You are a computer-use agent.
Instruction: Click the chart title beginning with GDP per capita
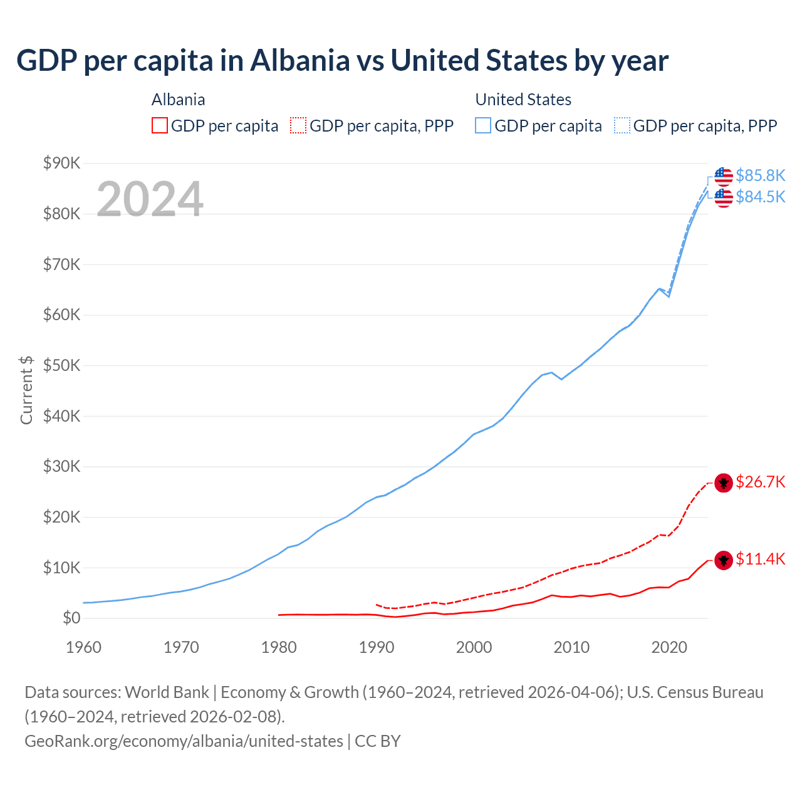coord(342,61)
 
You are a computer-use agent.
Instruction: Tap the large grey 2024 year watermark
coord(150,199)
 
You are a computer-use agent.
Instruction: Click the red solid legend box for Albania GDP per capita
coord(160,125)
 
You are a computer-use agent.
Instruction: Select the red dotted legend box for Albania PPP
coord(298,125)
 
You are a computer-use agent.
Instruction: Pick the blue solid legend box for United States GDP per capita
coord(483,125)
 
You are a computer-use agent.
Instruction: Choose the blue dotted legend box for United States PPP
coord(622,125)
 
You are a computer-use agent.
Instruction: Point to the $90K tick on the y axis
coord(62,163)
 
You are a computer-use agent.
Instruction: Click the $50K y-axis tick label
coord(62,365)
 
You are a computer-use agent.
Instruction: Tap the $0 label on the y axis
coord(71,618)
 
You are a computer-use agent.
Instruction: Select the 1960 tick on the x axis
coord(83,647)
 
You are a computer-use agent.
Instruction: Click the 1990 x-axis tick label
coord(376,647)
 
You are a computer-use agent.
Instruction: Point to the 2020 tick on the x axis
coord(669,647)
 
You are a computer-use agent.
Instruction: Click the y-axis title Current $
coord(26,390)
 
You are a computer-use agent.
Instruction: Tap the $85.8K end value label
coord(760,175)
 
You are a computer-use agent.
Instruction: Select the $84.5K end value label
coord(760,197)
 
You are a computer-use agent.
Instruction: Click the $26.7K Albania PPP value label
coord(760,482)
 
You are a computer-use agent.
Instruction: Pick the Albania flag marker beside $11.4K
coord(724,560)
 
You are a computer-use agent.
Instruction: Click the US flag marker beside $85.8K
coord(724,176)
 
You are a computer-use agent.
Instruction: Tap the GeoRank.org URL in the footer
coord(184,741)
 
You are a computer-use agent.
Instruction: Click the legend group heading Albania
coord(178,100)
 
